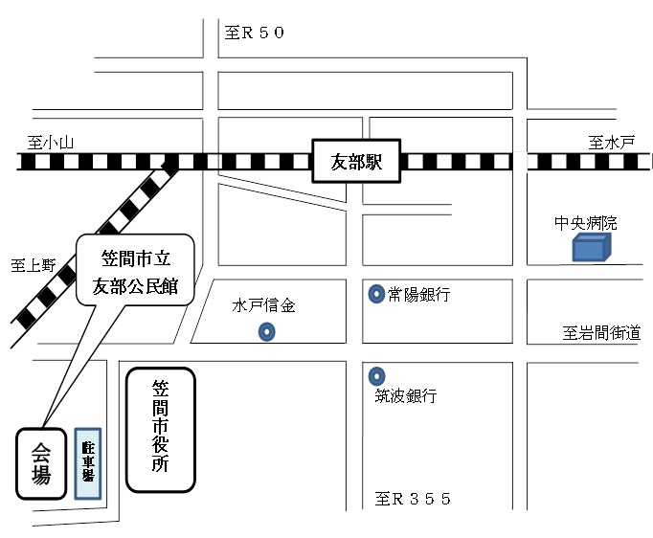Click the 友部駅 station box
(x=356, y=162)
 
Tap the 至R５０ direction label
(x=255, y=34)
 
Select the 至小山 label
(x=51, y=143)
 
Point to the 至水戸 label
(x=611, y=143)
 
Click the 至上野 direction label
(x=34, y=265)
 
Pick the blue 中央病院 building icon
(x=591, y=249)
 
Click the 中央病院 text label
(x=586, y=223)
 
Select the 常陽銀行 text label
(x=418, y=295)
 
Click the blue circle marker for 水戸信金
(x=267, y=332)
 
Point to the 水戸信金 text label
(x=263, y=307)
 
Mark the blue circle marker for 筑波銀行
(x=377, y=374)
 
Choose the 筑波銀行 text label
(x=406, y=395)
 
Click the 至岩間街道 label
(x=601, y=333)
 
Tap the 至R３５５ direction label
(x=413, y=499)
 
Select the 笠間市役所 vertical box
(x=161, y=430)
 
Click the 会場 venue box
(x=41, y=463)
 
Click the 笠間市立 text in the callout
(x=136, y=258)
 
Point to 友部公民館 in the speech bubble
(x=136, y=285)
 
